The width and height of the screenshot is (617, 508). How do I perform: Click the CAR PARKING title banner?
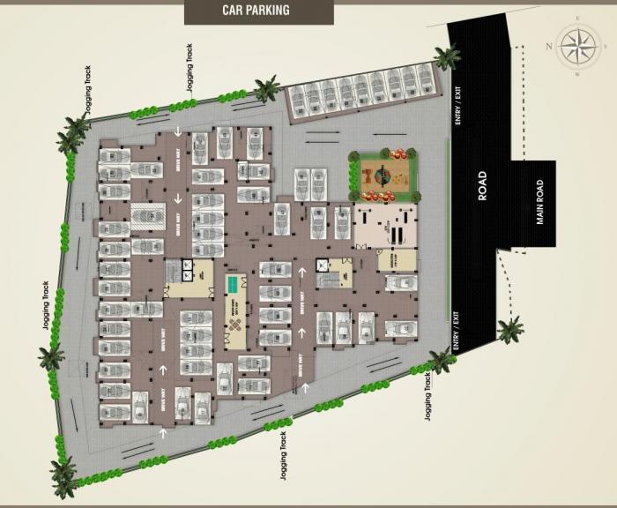[x=249, y=11]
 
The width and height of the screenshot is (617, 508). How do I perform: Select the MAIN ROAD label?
[x=540, y=202]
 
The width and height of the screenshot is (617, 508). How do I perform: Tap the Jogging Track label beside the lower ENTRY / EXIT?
[x=427, y=397]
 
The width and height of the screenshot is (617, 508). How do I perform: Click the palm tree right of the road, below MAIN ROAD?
[x=509, y=331]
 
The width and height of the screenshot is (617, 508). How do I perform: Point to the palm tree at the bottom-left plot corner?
[x=63, y=476]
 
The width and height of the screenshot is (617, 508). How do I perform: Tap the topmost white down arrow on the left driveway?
[x=178, y=132]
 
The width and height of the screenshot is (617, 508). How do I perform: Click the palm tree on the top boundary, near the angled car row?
[x=266, y=87]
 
